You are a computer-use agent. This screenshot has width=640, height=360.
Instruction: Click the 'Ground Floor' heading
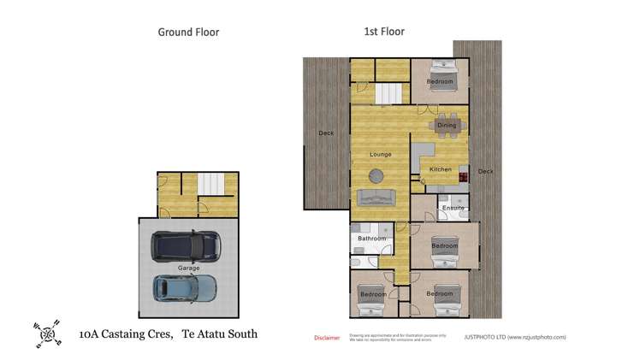188,32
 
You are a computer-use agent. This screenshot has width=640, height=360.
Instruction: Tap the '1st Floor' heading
384,32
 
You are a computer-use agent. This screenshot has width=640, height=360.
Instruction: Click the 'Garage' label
188,268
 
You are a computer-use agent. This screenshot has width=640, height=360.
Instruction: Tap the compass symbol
48,332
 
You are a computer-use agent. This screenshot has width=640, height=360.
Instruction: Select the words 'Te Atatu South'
214,334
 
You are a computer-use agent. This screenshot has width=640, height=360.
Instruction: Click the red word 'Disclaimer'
327,338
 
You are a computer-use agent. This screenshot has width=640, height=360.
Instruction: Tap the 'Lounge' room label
381,154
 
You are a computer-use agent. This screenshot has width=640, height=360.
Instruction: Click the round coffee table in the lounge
376,175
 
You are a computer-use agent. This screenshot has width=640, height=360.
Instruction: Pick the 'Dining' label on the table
447,126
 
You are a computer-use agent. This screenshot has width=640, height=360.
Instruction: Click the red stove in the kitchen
463,177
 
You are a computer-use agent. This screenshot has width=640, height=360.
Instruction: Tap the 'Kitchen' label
440,169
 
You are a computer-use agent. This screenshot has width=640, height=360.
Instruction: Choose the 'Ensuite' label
453,208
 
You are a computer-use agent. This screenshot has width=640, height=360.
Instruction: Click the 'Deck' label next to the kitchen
485,171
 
